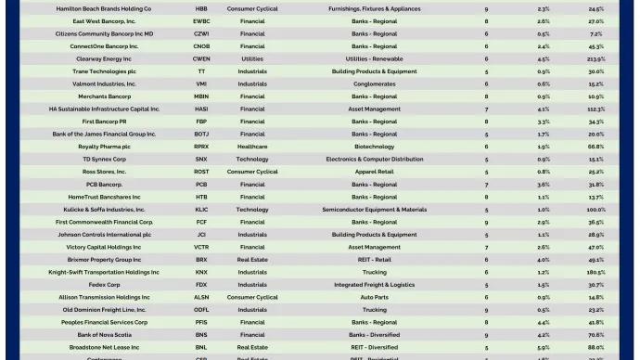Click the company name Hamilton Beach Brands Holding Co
tap(104, 8)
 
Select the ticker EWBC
tap(201, 20)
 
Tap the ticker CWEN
tap(201, 58)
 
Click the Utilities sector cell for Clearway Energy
tap(252, 58)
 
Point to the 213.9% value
tap(595, 58)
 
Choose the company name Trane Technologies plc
tap(104, 71)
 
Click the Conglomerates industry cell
tap(374, 84)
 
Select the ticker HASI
tap(201, 109)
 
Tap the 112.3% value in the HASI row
tap(595, 109)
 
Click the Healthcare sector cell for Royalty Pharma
tap(252, 147)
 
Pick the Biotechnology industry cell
tap(374, 147)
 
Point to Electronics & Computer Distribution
tap(374, 159)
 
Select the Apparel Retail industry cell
tap(374, 172)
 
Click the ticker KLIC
tap(201, 210)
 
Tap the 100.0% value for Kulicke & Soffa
tap(595, 210)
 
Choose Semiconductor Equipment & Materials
tap(374, 210)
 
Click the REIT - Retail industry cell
tap(374, 260)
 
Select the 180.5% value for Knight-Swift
tap(595, 273)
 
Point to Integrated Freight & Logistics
tap(374, 285)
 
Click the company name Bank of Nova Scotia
tap(104, 335)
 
